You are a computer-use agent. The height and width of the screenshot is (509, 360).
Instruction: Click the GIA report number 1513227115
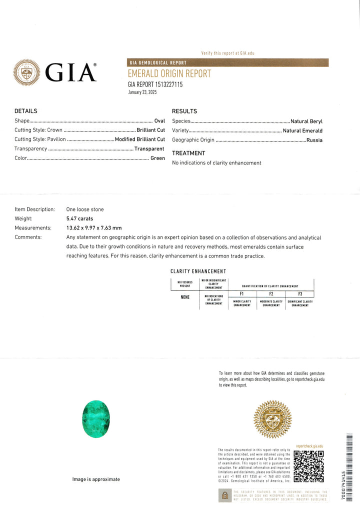click(x=155, y=84)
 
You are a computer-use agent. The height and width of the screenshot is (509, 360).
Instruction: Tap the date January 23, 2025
click(x=142, y=92)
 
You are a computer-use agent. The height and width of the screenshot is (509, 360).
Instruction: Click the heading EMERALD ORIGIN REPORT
click(x=169, y=74)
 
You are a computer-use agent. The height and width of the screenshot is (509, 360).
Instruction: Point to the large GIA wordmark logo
click(x=70, y=73)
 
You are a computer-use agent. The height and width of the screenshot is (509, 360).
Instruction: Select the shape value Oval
click(x=159, y=120)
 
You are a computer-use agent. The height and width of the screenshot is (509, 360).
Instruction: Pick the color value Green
click(x=157, y=158)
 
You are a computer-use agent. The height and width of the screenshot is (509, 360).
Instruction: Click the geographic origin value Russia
click(x=314, y=140)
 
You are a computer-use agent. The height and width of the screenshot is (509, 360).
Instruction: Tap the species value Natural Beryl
click(x=306, y=121)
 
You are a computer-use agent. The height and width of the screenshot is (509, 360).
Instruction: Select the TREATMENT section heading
click(x=188, y=153)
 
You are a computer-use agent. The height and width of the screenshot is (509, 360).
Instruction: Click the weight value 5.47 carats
click(x=79, y=218)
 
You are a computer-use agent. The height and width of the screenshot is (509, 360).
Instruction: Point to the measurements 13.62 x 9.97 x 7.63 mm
click(x=93, y=228)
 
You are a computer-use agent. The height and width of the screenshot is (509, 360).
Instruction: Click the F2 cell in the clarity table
click(x=271, y=294)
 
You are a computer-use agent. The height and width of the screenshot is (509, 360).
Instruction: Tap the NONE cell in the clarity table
click(x=185, y=297)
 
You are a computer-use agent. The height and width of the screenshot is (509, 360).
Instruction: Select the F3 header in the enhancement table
click(x=300, y=294)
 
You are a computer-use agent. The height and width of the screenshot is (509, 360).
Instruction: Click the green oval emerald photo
click(x=95, y=419)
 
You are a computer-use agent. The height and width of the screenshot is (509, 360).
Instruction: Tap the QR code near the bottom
click(x=308, y=466)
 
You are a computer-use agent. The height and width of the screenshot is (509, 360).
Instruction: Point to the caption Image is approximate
click(x=96, y=479)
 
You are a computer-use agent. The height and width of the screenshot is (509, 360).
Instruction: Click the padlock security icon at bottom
click(x=225, y=495)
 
